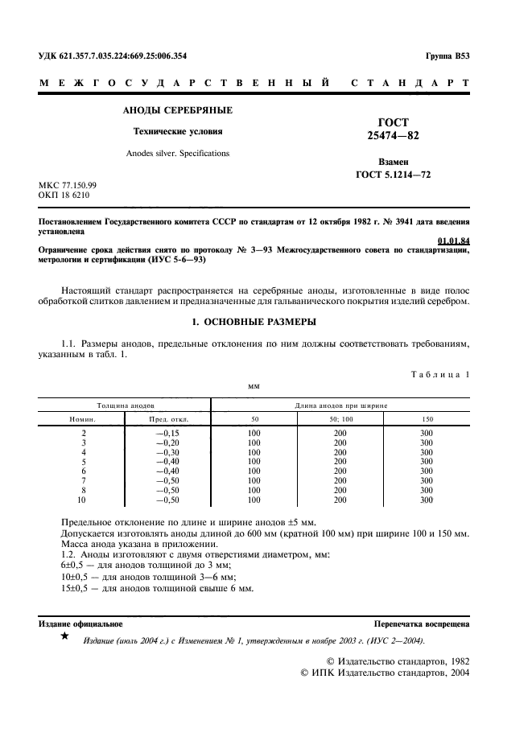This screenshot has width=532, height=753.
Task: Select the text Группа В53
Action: coord(447,56)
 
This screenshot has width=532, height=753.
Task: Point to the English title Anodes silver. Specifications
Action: coord(177,153)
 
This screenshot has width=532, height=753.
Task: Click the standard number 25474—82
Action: coord(393,136)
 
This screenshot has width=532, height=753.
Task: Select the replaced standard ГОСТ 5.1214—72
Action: coord(393,174)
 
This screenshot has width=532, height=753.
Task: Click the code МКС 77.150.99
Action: coord(68,185)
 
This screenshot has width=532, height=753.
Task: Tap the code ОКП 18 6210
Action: coord(64,195)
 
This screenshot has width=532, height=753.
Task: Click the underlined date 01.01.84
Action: coord(453,241)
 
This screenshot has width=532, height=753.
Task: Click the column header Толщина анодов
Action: coord(126,405)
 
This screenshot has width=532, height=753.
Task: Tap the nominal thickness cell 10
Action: coord(83,500)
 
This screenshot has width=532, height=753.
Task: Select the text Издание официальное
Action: coord(80,623)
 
